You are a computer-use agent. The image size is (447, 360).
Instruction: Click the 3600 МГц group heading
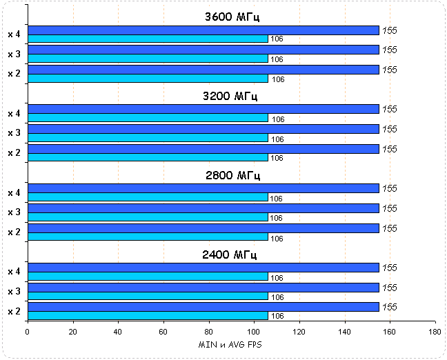point(231,17)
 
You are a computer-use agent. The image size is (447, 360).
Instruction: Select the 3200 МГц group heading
point(231,96)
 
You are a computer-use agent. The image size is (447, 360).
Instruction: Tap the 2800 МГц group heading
point(231,175)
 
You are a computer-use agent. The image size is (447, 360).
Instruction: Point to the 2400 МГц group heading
point(231,254)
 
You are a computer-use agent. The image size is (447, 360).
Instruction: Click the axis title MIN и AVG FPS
point(231,344)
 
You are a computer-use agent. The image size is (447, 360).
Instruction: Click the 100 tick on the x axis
point(254,332)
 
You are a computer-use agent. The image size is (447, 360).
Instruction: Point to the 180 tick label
point(435,332)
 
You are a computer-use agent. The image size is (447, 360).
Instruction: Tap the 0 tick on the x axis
point(28,332)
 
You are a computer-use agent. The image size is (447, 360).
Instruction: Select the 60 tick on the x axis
point(163,332)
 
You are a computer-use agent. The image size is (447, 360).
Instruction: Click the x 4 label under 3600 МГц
point(14,34)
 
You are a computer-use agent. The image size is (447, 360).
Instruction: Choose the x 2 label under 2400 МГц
point(14,312)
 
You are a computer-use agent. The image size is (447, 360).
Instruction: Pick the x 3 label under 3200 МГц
point(14,133)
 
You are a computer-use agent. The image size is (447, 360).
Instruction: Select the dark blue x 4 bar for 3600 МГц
point(203,30)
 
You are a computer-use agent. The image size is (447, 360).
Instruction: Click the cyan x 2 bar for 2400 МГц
point(147,316)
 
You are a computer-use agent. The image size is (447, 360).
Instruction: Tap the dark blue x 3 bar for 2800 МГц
point(203,208)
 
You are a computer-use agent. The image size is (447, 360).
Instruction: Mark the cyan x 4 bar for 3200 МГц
point(147,118)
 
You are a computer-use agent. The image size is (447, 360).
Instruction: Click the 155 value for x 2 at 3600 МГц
point(390,70)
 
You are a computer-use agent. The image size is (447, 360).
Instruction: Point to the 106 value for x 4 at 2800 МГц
point(276,199)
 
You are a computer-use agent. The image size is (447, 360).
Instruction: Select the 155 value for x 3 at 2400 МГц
point(390,288)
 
